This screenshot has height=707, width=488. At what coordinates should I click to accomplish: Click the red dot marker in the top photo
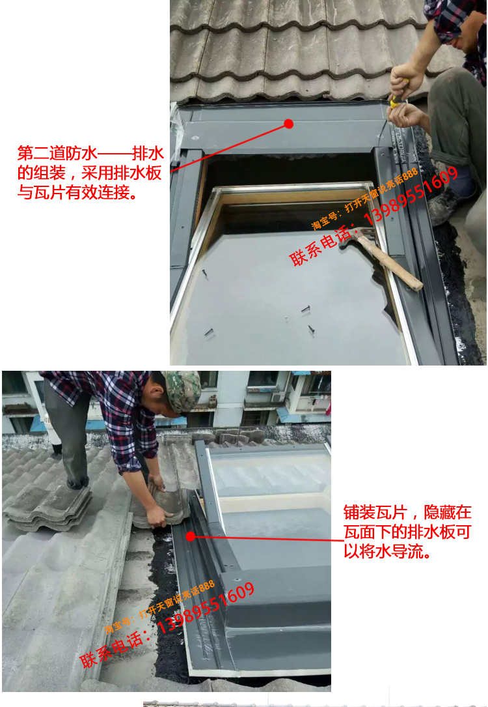coord(289,123)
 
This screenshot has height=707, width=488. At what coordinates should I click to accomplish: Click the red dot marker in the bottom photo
coord(191,537)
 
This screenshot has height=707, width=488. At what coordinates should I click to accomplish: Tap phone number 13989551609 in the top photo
coord(411,195)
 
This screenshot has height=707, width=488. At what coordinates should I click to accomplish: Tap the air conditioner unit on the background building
coord(278,397)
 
